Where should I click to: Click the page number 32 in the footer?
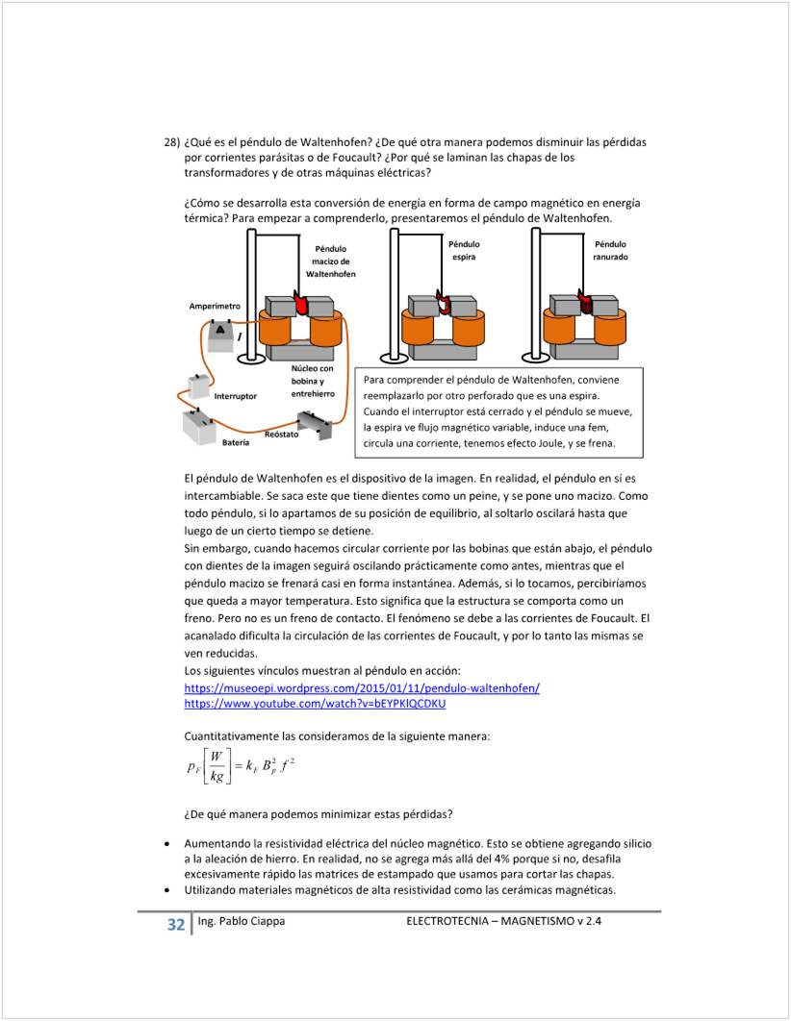[x=175, y=925]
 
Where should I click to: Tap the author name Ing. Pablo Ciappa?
[x=241, y=921]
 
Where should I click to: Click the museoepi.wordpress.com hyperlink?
[x=361, y=687]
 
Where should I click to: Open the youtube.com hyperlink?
[x=315, y=703]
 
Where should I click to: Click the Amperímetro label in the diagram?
[x=215, y=305]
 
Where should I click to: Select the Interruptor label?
[x=235, y=395]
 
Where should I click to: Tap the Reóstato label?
[x=282, y=435]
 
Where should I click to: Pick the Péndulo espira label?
[x=464, y=251]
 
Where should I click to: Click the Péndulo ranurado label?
[x=610, y=251]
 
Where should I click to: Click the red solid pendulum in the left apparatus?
[x=300, y=305]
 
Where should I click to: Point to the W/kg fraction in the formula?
[x=216, y=767]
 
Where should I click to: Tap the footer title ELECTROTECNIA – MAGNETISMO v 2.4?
[x=510, y=921]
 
